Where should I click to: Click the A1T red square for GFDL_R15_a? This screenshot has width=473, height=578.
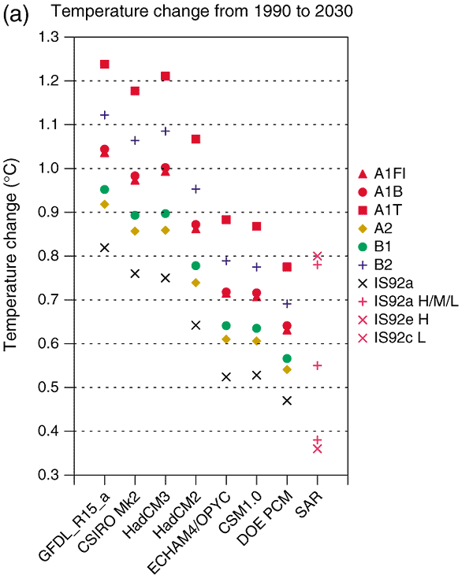[x=104, y=64]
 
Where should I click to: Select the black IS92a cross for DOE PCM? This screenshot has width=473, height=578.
[x=287, y=401]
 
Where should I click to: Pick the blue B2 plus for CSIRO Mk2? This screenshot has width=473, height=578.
[x=135, y=140]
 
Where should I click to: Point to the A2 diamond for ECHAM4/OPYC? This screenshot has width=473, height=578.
[x=226, y=339]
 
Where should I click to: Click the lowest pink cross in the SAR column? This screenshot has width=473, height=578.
[x=317, y=449]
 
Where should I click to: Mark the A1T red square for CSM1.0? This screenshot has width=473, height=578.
[x=256, y=226]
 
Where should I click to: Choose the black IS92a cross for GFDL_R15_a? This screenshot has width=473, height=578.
[x=104, y=247]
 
